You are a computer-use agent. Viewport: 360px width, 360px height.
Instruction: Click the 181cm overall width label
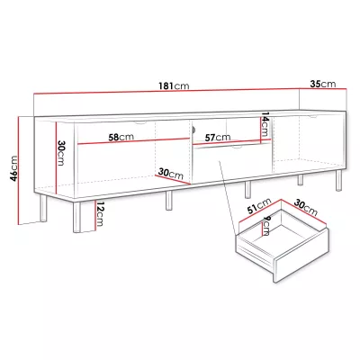tap(174, 86)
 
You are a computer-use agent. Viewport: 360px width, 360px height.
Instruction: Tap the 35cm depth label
tap(323, 84)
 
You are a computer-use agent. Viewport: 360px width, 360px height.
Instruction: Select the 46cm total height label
tap(13, 168)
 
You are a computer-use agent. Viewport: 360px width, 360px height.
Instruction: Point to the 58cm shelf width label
tap(121, 137)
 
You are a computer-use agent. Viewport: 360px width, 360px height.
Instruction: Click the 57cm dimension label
tap(218, 138)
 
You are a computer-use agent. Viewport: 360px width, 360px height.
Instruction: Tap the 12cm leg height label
tap(99, 214)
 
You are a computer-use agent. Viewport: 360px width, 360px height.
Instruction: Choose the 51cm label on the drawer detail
tap(259, 206)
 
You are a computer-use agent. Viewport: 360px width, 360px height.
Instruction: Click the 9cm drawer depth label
tap(265, 226)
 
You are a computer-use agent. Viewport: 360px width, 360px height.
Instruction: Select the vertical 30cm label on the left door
tap(60, 153)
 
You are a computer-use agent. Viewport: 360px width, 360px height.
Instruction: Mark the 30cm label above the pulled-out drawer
tap(305, 208)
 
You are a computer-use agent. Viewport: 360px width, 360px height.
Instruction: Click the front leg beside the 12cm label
tap(77, 218)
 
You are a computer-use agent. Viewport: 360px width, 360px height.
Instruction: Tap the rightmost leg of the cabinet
tap(338, 181)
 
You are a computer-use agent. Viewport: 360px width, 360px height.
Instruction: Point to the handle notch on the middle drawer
tap(237, 147)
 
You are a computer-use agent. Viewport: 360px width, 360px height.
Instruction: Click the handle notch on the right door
tap(313, 116)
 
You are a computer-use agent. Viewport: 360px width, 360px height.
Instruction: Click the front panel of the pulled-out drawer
tap(302, 256)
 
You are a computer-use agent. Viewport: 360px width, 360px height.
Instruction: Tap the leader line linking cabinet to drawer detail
tap(227, 197)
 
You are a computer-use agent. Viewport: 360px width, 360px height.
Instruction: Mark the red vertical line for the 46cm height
tap(19, 170)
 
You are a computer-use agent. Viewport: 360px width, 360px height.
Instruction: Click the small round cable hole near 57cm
tap(193, 130)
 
